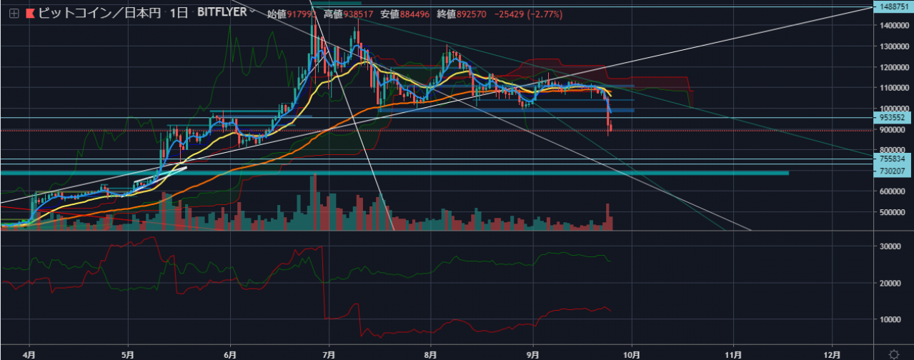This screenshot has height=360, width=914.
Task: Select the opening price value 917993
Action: coord(299,14)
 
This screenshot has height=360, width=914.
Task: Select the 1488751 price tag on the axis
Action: coord(894,6)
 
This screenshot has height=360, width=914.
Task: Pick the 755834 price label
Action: coord(894,159)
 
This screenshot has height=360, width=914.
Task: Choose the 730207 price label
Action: coord(894,171)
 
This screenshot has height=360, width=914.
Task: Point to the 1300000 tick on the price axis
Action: coord(894,46)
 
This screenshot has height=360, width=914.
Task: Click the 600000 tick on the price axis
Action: coord(894,191)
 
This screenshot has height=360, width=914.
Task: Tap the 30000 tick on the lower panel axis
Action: coord(892,246)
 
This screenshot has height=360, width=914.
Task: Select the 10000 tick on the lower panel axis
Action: coord(892,319)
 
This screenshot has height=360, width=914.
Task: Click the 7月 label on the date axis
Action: coord(329,354)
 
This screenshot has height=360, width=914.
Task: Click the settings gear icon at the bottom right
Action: coord(893,354)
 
